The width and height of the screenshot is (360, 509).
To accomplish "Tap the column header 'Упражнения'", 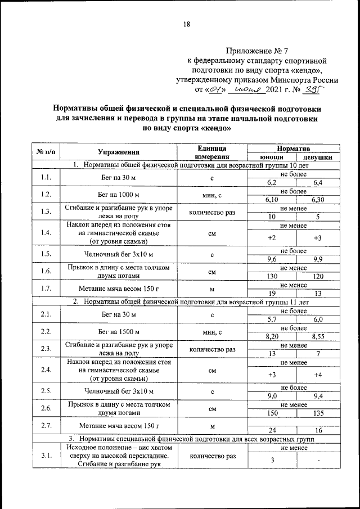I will point(118,152).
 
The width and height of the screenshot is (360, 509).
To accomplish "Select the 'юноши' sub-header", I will point(272,157).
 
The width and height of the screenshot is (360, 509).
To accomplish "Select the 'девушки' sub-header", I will point(317,157).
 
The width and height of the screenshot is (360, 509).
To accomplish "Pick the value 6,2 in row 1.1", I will point(272,183).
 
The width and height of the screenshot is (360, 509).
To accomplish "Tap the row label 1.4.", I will point(46,233).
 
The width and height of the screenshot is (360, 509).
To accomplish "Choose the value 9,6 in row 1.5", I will point(272,259).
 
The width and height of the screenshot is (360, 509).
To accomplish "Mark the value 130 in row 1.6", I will point(272,276).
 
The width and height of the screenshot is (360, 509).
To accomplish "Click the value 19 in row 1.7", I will point(272,293).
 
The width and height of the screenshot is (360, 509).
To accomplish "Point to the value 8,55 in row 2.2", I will point(317,336).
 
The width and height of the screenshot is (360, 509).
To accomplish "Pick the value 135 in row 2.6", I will point(317,413).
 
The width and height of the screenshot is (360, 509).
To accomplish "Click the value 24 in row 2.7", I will point(272,430).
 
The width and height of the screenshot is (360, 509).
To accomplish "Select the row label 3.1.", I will point(46,456).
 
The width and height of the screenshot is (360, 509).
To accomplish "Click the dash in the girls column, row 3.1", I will point(317,461).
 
